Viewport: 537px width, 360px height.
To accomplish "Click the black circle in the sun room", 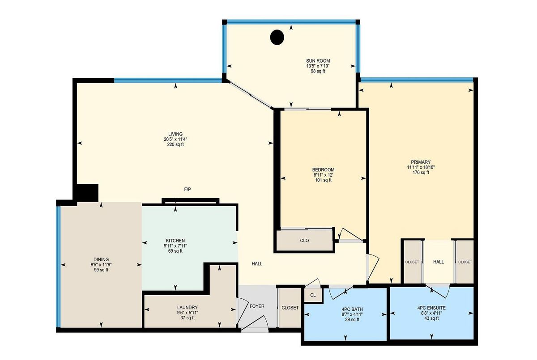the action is pyautogui.click(x=277, y=38).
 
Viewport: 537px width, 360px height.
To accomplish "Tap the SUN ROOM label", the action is pyautogui.click(x=318, y=61).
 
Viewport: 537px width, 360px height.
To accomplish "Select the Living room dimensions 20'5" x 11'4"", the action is pyautogui.click(x=175, y=139).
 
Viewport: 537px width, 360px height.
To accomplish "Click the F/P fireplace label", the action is pyautogui.click(x=188, y=190).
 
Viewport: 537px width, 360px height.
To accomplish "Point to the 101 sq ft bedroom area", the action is pyautogui.click(x=323, y=180).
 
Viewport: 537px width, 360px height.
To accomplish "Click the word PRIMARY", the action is pyautogui.click(x=421, y=162).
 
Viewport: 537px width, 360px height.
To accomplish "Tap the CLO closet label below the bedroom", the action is pyautogui.click(x=304, y=241).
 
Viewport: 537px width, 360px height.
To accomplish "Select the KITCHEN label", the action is pyautogui.click(x=175, y=241).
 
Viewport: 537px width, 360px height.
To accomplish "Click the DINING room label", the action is pyautogui.click(x=101, y=259).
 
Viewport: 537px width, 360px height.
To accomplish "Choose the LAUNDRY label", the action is pyautogui.click(x=188, y=307).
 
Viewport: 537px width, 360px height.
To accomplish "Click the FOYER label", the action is pyautogui.click(x=257, y=306).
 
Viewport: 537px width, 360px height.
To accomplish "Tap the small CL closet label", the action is pyautogui.click(x=313, y=295).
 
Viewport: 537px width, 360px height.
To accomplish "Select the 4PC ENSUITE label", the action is pyautogui.click(x=431, y=308).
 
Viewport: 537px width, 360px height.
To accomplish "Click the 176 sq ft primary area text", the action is pyautogui.click(x=421, y=173).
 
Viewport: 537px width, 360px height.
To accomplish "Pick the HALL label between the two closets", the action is pyautogui.click(x=439, y=262).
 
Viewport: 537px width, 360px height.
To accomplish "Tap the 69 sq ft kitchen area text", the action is pyautogui.click(x=175, y=251).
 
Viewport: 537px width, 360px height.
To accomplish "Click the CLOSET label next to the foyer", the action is pyautogui.click(x=290, y=308).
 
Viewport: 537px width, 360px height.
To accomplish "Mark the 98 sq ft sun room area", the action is pyautogui.click(x=318, y=72).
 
